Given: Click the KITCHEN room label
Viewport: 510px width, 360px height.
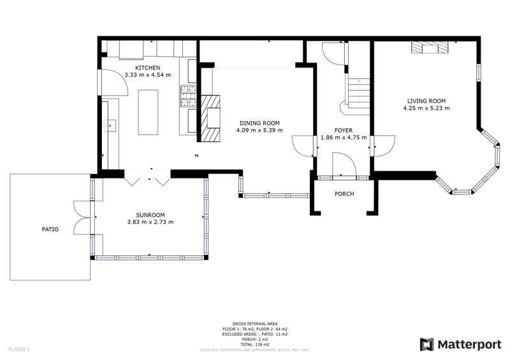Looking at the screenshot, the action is pyautogui.click(x=148, y=68).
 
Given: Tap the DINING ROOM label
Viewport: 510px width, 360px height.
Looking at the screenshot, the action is pyautogui.click(x=259, y=123).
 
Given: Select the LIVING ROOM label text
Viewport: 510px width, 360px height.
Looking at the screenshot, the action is pyautogui.click(x=426, y=101).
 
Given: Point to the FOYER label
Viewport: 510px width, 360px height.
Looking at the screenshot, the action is pyautogui.click(x=344, y=130).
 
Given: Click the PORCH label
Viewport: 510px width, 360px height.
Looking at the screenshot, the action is pyautogui.click(x=344, y=194).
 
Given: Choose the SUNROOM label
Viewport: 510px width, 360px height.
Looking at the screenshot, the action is pyautogui.click(x=150, y=215).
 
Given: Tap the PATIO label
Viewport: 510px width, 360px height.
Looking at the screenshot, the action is pyautogui.click(x=50, y=229).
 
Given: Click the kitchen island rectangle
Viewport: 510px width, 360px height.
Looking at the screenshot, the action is pyautogui.click(x=148, y=112).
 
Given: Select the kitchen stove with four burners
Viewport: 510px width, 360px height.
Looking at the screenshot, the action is pyautogui.click(x=189, y=96).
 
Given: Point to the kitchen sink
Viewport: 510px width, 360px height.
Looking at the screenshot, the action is pyautogui.click(x=110, y=126).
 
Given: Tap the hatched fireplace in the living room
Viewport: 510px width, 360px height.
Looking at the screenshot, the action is pyautogui.click(x=430, y=48).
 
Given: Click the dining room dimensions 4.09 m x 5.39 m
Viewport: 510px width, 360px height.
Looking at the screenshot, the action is pyautogui.click(x=259, y=131).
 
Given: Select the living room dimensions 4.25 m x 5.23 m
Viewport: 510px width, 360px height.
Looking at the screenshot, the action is pyautogui.click(x=426, y=108).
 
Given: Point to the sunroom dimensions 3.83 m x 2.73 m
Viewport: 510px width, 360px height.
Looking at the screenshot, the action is pyautogui.click(x=150, y=222).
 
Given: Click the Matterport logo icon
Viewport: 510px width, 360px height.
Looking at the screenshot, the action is pyautogui.click(x=426, y=345).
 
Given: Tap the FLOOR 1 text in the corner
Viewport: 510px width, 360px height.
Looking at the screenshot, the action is pyautogui.click(x=19, y=350).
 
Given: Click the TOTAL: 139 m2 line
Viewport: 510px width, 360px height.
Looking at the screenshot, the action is pyautogui.click(x=255, y=345).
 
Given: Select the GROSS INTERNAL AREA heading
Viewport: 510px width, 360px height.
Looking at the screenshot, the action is pyautogui.click(x=255, y=324).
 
